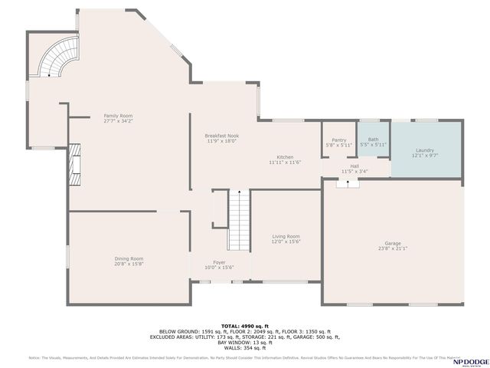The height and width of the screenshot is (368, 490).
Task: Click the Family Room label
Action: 119,116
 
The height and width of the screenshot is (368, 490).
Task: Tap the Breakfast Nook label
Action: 222,136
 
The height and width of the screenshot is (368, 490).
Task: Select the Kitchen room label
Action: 285,157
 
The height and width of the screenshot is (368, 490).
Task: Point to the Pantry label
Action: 339,140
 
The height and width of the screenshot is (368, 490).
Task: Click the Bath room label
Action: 373,140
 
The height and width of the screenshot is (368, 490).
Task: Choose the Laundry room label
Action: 425,150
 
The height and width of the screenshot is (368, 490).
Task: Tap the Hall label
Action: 354,166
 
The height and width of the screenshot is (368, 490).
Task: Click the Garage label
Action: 393,244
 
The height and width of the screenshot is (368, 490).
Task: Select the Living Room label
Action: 286,236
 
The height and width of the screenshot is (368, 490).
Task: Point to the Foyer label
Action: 219,262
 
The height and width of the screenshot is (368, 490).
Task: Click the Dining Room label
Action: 129,259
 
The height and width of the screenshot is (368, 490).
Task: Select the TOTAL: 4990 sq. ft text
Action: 244,326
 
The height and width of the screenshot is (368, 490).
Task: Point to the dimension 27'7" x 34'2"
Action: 119,121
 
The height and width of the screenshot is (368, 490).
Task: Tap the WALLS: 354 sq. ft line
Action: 245,347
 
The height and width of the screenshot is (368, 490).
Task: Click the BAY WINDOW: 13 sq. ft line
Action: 245,342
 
